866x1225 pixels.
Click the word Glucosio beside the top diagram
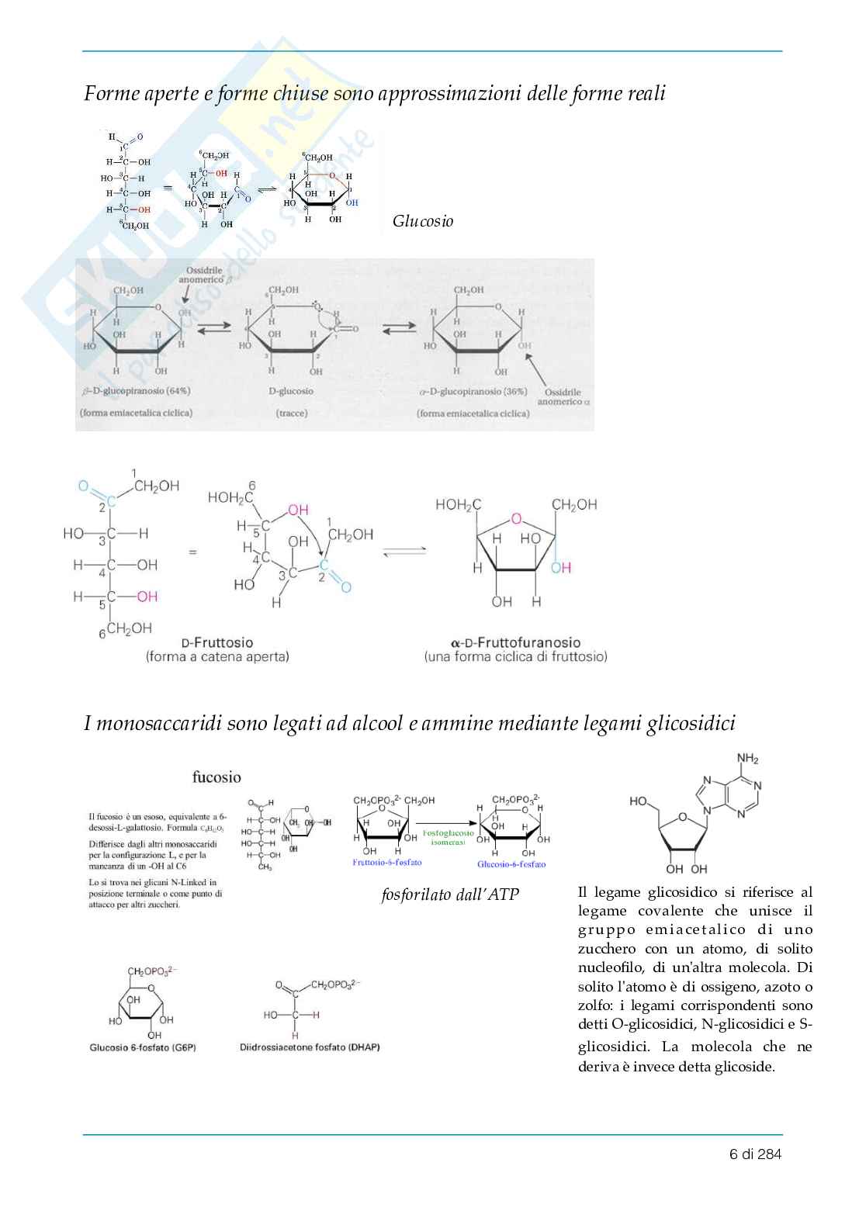click(422, 221)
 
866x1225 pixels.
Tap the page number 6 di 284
click(755, 1154)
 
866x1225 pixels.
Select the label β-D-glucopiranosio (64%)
click(137, 391)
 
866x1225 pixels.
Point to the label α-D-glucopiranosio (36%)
click(473, 392)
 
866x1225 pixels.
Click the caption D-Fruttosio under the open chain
click(217, 642)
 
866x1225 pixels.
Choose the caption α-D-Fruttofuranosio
click(515, 642)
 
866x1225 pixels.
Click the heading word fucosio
click(216, 777)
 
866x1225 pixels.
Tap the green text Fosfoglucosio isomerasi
click(448, 837)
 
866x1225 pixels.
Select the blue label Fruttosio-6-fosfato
click(387, 862)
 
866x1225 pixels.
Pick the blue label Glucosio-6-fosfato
click(511, 863)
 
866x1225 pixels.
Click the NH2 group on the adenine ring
click(747, 759)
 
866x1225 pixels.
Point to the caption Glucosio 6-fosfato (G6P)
click(143, 1047)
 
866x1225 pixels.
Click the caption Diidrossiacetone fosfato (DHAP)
click(310, 1047)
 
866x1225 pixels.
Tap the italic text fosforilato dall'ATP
click(450, 895)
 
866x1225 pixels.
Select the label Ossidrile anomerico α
click(563, 396)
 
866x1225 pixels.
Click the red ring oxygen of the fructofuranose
click(516, 519)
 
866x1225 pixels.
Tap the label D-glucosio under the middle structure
click(291, 391)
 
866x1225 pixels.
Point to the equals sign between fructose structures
click(192, 552)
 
